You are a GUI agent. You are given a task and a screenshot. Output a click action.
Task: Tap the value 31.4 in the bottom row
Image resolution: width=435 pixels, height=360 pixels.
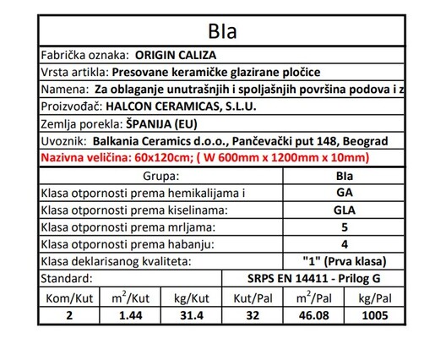point(190,316)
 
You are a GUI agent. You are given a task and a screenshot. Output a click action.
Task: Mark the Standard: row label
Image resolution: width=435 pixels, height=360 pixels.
point(71,280)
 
